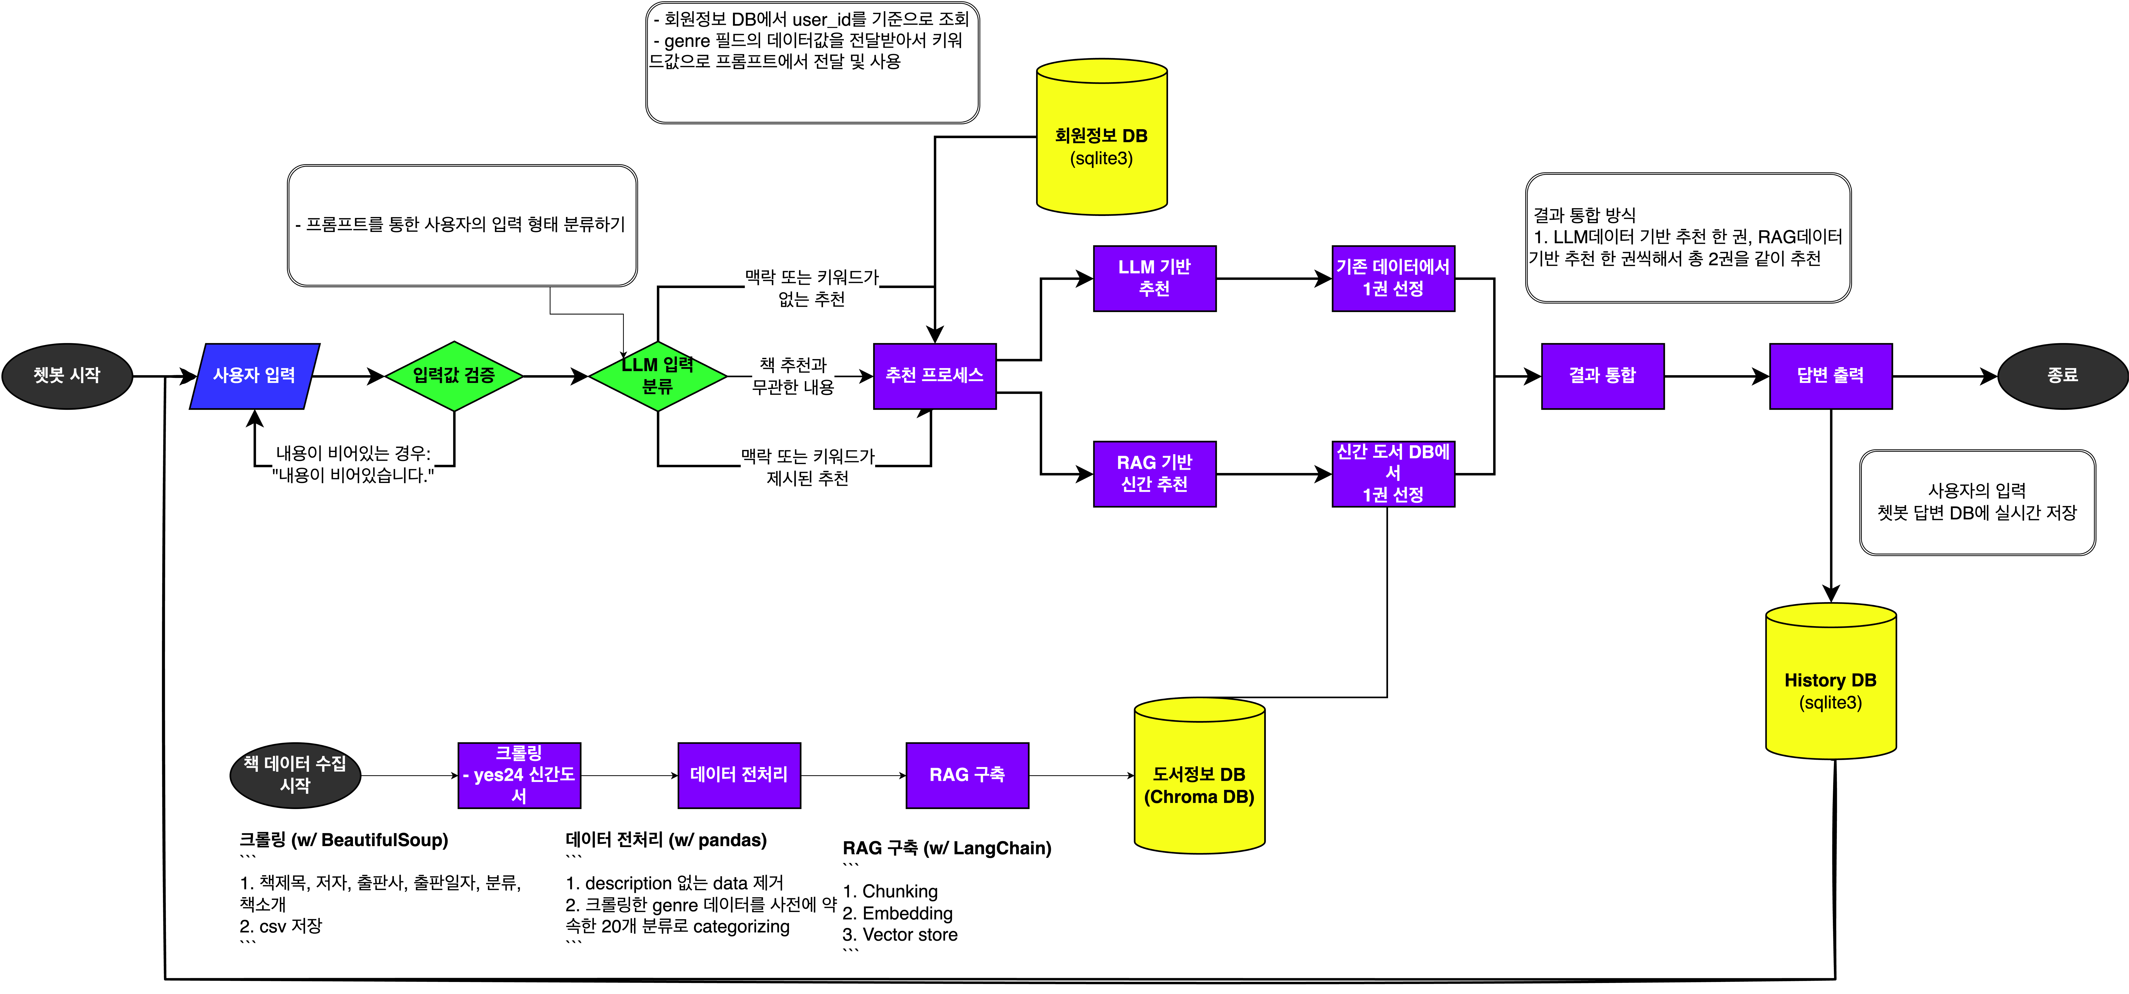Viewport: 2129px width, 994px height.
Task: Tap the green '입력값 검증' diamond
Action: pyautogui.click(x=454, y=376)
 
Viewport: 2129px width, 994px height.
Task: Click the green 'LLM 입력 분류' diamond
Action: pyautogui.click(x=658, y=376)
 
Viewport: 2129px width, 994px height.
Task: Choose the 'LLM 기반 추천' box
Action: pyautogui.click(x=1154, y=279)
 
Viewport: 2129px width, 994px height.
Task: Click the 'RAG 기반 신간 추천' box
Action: pyautogui.click(x=1154, y=473)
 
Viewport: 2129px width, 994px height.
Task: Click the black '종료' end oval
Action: pyautogui.click(x=2062, y=376)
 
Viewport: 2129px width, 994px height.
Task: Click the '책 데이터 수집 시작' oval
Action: pyautogui.click(x=295, y=775)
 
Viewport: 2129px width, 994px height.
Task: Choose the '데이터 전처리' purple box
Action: pyautogui.click(x=739, y=775)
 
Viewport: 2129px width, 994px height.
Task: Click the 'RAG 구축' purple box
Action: pyautogui.click(x=967, y=775)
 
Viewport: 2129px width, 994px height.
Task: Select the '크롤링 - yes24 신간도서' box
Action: pyautogui.click(x=519, y=775)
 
